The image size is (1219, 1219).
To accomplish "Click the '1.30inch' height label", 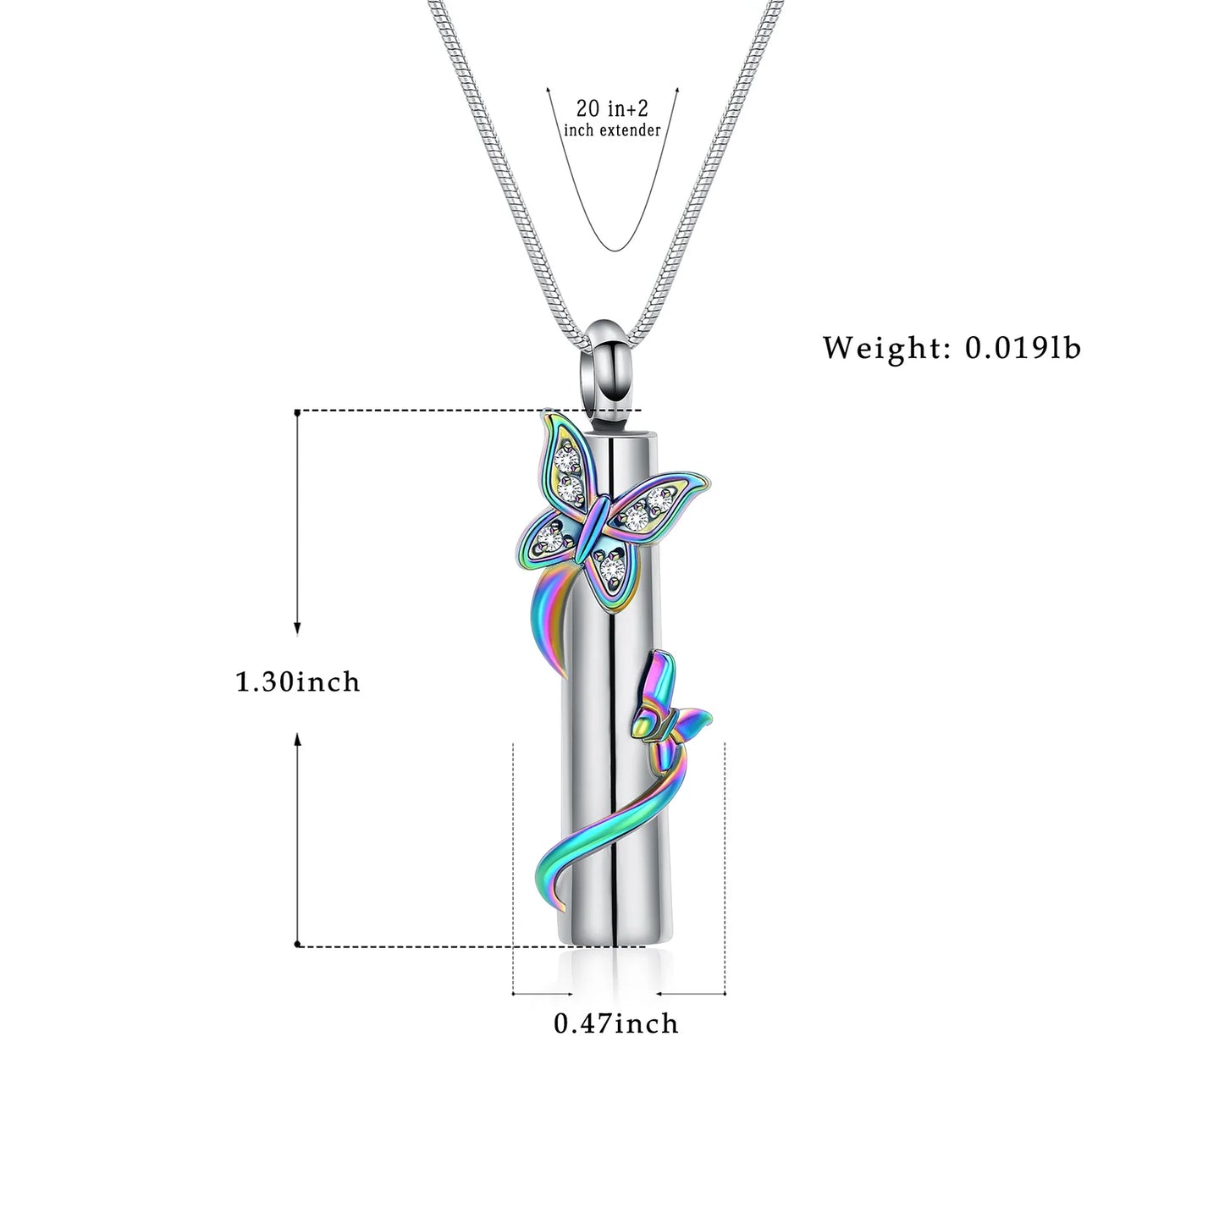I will coord(297,681).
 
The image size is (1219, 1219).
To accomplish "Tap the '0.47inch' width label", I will coord(615,1023).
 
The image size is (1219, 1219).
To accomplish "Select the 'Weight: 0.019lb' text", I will coord(951,348).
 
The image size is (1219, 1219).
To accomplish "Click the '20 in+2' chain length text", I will coord(612,108).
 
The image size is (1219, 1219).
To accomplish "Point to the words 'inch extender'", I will coord(612,130).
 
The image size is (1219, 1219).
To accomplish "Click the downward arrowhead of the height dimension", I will coord(297,627).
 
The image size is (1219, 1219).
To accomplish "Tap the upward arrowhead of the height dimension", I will coord(297,739).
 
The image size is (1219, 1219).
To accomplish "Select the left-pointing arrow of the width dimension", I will coord(661,993).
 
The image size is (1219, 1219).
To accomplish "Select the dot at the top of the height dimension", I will coord(297,412).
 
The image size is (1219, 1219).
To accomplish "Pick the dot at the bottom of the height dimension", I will coord(297,945).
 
